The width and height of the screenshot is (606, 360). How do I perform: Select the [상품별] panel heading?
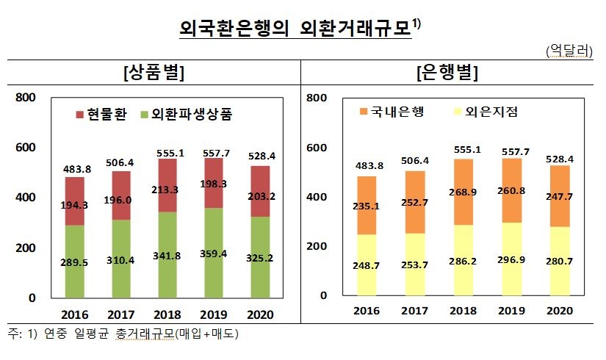pyautogui.click(x=154, y=72)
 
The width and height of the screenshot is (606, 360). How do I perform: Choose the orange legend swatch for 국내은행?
pyautogui.click(x=364, y=112)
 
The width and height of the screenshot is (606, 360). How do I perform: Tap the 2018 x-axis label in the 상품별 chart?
pyautogui.click(x=169, y=314)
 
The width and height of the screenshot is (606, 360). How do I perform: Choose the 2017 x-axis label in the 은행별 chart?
pyautogui.click(x=415, y=312)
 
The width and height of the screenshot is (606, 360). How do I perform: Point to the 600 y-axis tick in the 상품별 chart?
pyautogui.click(x=26, y=148)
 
